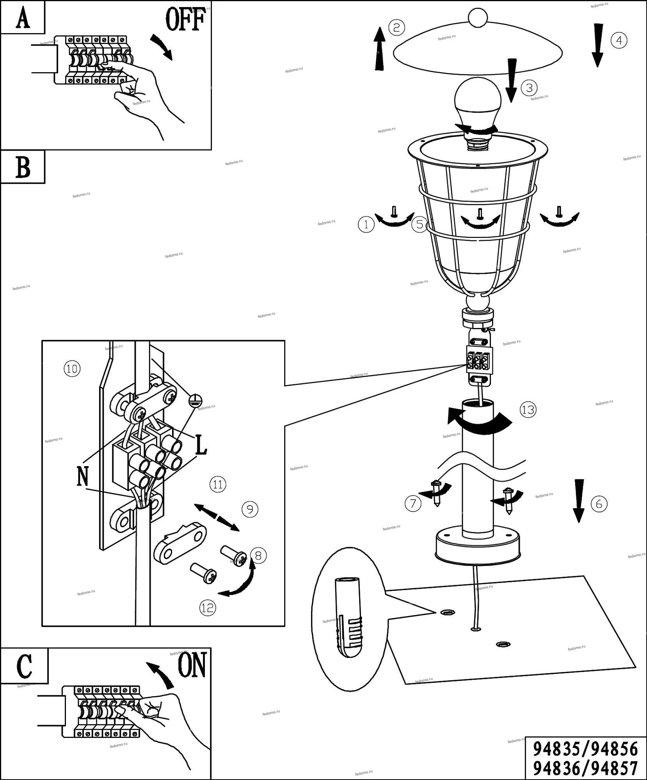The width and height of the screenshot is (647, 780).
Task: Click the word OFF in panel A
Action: pos(186,19)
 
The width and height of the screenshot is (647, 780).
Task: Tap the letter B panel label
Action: pos(23,167)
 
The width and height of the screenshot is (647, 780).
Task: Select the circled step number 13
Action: pos(528,410)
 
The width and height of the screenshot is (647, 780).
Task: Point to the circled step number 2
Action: pos(396,28)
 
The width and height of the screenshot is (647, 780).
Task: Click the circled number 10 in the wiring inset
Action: pos(72,369)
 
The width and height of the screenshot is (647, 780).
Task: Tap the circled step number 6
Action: pos(599,504)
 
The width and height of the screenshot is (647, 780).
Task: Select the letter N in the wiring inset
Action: pos(83,477)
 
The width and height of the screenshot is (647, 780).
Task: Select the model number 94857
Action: pos(615,769)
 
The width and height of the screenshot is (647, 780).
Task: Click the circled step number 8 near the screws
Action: pos(258,555)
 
